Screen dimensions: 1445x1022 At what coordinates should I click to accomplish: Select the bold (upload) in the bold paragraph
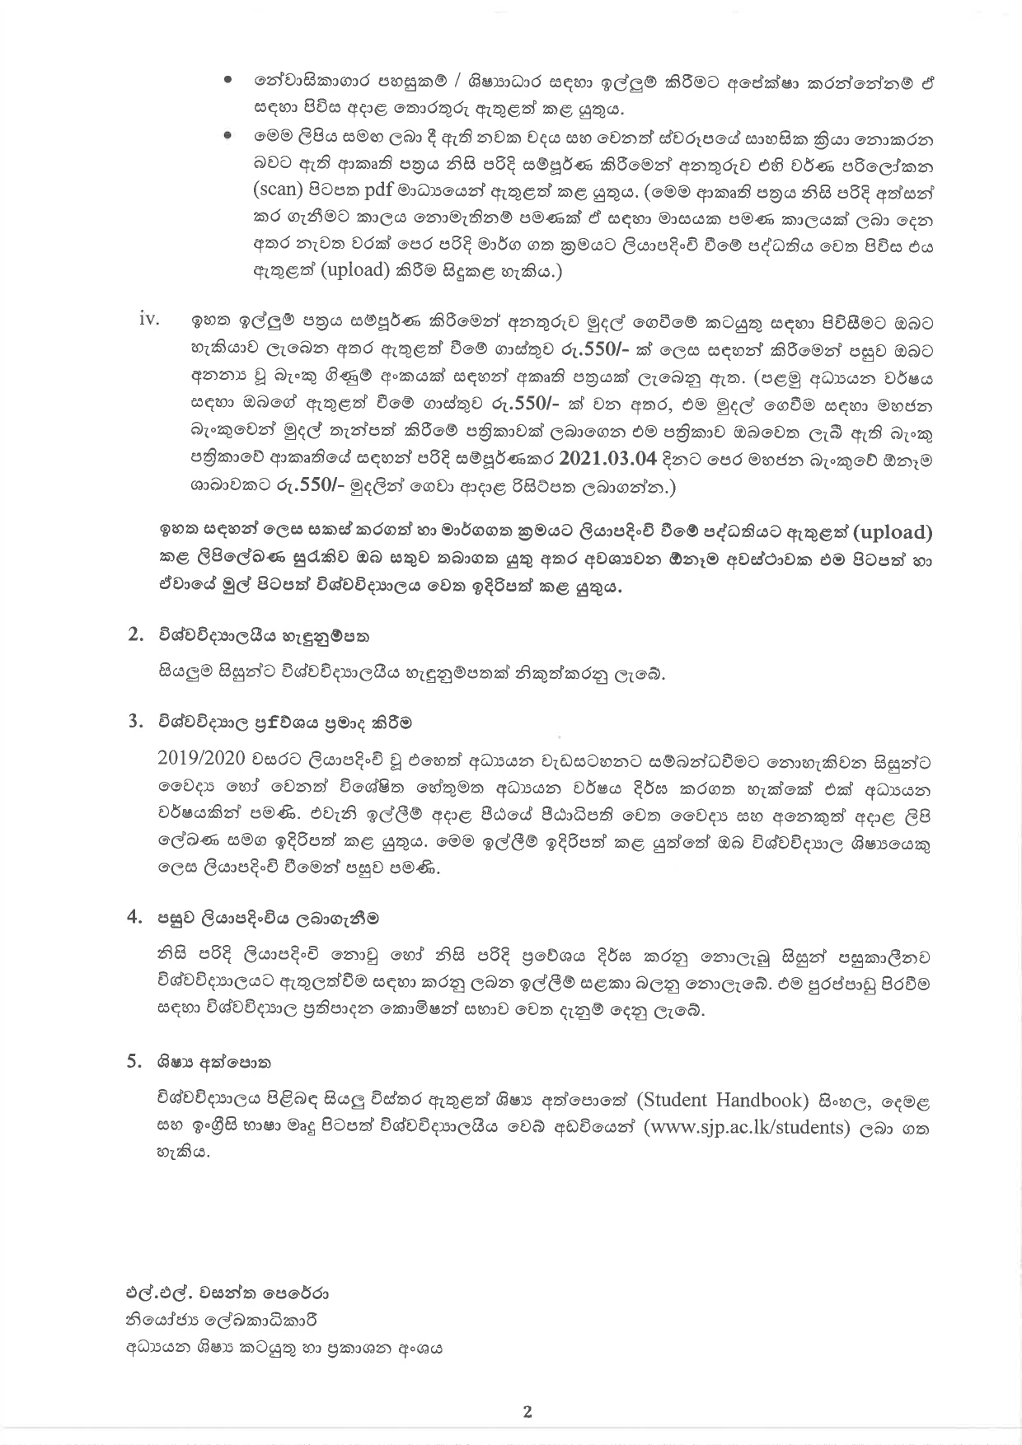pyautogui.click(x=883, y=533)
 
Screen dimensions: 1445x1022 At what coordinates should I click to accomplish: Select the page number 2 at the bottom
pyautogui.click(x=527, y=1412)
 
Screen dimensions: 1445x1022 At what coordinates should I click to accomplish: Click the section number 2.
pyautogui.click(x=136, y=634)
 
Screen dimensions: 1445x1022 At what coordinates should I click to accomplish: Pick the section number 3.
pyautogui.click(x=136, y=722)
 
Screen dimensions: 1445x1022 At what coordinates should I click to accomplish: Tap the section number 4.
pyautogui.click(x=136, y=918)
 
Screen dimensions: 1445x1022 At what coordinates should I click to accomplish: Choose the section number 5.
pyautogui.click(x=136, y=1062)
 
